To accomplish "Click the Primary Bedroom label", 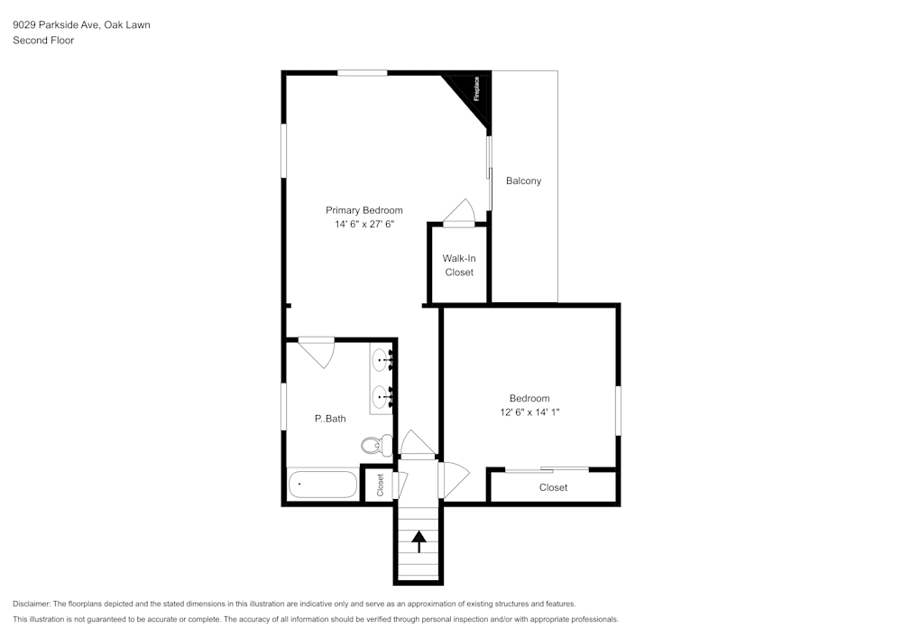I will (364, 210).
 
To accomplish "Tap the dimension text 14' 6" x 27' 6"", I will (364, 225).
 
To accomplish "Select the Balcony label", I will (523, 180).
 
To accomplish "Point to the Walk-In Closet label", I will (458, 265).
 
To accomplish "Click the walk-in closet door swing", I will (459, 211).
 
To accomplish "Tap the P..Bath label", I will (329, 419).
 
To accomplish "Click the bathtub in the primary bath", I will (323, 485).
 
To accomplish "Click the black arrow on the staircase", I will (419, 540).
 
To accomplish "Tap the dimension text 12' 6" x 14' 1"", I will (529, 412).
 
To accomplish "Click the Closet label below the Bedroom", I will (553, 487).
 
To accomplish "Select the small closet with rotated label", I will (380, 485).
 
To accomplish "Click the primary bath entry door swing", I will (317, 350).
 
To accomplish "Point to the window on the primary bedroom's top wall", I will (363, 73).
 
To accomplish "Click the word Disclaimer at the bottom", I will (32, 604).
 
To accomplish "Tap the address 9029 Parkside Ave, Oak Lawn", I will (81, 25).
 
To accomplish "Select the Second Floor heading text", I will (43, 41).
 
